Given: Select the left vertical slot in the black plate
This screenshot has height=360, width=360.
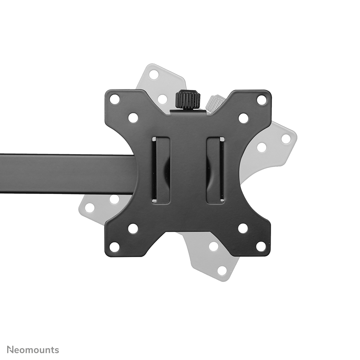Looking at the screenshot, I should click(161, 170).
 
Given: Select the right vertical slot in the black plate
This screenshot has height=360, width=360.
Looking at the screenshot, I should click(215, 170).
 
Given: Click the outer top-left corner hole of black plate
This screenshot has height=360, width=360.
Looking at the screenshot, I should click(115, 99).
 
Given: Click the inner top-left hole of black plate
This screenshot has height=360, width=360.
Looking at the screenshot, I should click(133, 118).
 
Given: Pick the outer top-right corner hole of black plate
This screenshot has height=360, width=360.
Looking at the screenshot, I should click(262, 100).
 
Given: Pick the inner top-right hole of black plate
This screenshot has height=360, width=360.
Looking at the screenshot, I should click(243, 118).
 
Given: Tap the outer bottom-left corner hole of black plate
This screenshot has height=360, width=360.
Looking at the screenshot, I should click(115, 247).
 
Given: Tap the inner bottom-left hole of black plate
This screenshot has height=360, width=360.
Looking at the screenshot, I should click(133, 228).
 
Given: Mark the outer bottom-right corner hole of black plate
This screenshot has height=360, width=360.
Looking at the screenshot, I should click(261, 247).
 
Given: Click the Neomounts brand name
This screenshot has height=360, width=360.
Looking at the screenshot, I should click(33, 350).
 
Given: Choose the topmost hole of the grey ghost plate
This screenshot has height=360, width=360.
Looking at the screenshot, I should click(154, 75).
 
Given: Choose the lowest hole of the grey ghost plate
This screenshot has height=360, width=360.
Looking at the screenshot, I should click(222, 270).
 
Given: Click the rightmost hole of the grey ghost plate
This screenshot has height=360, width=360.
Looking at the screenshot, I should click(286, 139).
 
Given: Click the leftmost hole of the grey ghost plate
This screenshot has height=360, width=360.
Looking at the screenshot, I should click(90, 208).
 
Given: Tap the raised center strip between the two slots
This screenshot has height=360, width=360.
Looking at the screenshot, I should click(188, 170).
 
